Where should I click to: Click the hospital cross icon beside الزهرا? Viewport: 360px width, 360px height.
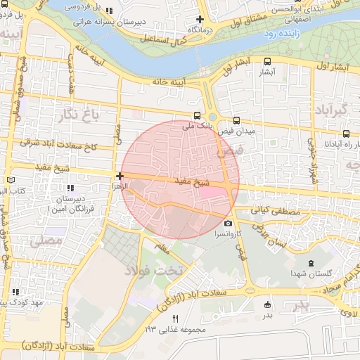tap(120, 176)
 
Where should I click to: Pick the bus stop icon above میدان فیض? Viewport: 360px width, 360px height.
tap(236, 120)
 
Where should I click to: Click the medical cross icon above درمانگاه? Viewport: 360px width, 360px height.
tap(200, 20)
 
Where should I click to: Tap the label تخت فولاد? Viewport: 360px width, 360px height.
tap(153, 270)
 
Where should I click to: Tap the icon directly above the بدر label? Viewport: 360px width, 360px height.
tap(266, 304)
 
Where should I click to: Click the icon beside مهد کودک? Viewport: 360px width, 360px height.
tap(15, 292)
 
